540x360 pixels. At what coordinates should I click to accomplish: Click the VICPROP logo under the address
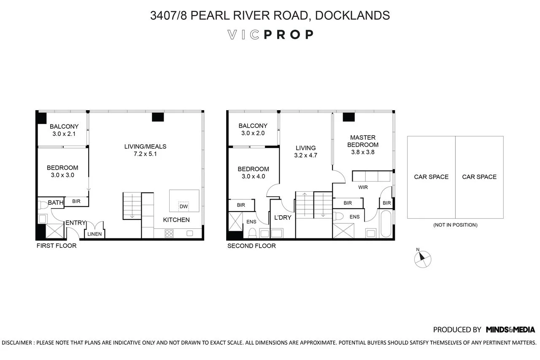coord(270,35)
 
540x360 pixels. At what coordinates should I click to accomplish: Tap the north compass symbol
coord(422,259)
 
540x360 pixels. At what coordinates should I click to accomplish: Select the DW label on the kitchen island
coord(183,206)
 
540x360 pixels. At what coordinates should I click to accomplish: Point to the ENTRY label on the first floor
coord(76,223)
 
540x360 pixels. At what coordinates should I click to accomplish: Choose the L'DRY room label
coord(283,218)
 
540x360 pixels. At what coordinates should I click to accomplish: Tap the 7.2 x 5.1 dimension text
coord(145,154)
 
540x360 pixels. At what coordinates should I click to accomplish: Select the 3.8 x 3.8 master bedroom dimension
coord(362,152)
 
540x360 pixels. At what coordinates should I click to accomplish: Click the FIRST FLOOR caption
coord(56,246)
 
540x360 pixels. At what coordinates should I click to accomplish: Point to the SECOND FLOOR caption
coord(251,246)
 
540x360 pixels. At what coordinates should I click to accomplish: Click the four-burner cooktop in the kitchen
coord(170,233)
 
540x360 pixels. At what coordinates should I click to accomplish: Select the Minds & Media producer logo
coord(510,330)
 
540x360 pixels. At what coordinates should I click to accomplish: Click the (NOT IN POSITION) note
coord(455,225)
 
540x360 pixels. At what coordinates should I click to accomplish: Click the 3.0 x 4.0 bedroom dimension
coord(253,176)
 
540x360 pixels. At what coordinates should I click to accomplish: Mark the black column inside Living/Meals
coord(158,117)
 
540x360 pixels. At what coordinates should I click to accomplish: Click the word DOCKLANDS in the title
coord(352,16)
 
